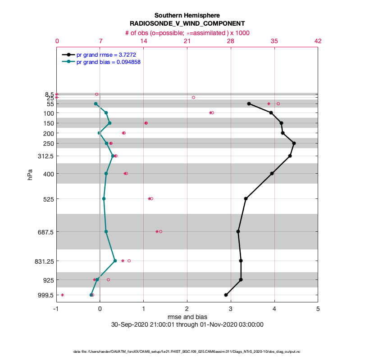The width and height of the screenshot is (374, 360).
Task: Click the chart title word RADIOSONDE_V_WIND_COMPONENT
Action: point(187,24)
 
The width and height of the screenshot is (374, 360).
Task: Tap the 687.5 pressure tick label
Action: point(45,232)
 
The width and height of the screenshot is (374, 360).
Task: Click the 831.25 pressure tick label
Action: point(44,261)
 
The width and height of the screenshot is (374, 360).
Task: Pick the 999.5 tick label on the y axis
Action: point(45,295)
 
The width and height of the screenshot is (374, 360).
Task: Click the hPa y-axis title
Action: point(30,175)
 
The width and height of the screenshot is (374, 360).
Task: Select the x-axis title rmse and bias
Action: point(187,317)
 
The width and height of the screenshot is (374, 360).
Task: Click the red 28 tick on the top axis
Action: point(231,41)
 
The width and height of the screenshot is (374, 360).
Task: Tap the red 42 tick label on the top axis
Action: point(318,41)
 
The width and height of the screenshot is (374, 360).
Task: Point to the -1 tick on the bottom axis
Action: point(56,309)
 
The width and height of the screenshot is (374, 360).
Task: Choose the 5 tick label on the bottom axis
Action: point(318,309)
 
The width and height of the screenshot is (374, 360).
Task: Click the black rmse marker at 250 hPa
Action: point(294,144)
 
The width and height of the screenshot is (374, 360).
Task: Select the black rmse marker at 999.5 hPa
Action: point(226,295)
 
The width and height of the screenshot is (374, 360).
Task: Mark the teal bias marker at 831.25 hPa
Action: point(115,261)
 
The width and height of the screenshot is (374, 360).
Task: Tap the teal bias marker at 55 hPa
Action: point(96,104)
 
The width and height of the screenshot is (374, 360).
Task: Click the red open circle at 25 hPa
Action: point(193,97)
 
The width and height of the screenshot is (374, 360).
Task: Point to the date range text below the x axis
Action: point(187,324)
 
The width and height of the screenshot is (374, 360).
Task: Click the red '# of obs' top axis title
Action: point(187,33)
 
